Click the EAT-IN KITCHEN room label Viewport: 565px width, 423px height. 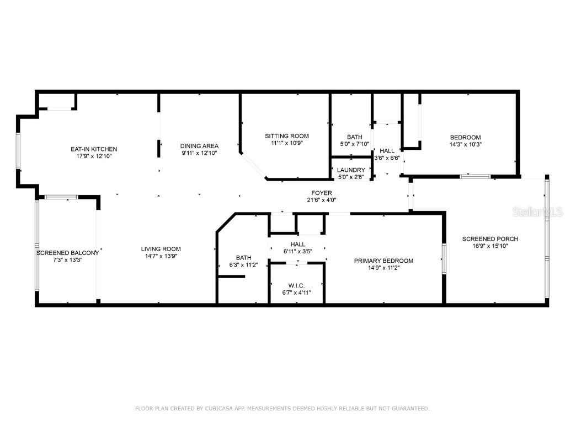pos(93,149)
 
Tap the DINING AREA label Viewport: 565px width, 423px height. pos(199,146)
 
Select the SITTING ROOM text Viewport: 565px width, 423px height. pos(286,136)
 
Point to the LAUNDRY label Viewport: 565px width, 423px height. pos(351,170)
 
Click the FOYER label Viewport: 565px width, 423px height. pos(321,193)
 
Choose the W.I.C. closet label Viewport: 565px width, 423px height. pos(296,285)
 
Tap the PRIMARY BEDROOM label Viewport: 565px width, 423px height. pos(383,261)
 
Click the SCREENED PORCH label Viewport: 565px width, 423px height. pos(490,239)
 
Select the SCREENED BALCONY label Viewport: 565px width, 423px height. pos(67,253)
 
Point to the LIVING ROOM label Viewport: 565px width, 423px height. pos(161,249)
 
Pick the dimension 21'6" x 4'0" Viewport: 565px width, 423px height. pos(321,200)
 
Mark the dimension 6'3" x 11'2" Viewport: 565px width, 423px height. pos(243,265)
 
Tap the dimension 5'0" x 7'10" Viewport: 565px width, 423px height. pos(354,144)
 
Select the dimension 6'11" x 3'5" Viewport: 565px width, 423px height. pos(297,251)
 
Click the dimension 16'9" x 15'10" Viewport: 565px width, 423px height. pos(490,246)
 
